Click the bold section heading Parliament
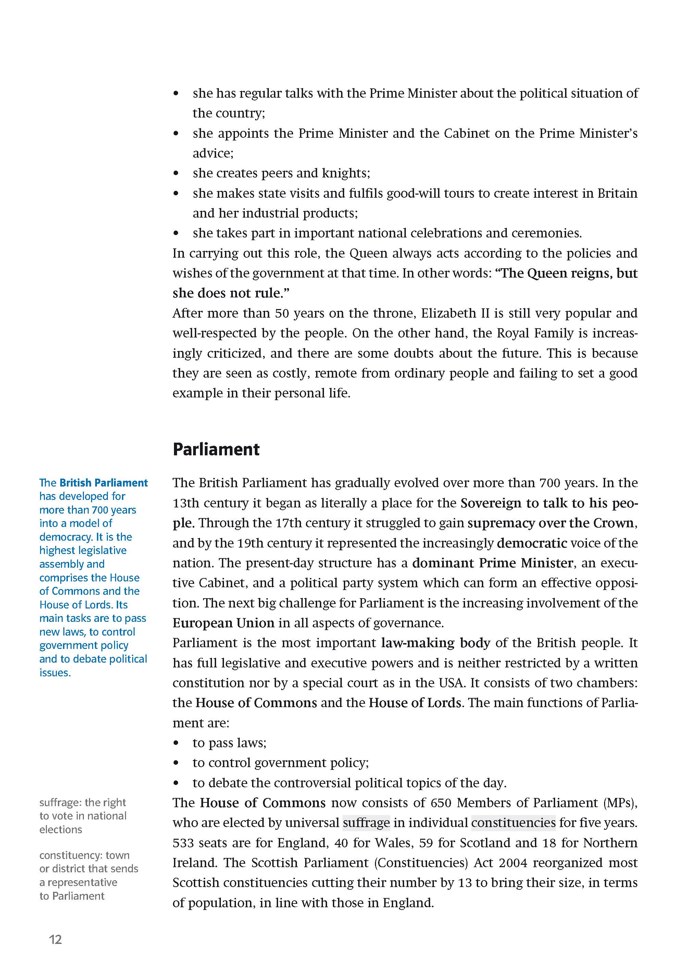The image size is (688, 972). (216, 450)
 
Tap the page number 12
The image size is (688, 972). (55, 939)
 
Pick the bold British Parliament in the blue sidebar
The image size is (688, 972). (103, 483)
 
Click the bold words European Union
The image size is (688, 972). (223, 623)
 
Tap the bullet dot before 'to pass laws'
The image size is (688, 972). (176, 743)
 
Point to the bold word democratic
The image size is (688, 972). (532, 543)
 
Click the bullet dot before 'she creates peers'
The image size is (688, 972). (176, 173)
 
